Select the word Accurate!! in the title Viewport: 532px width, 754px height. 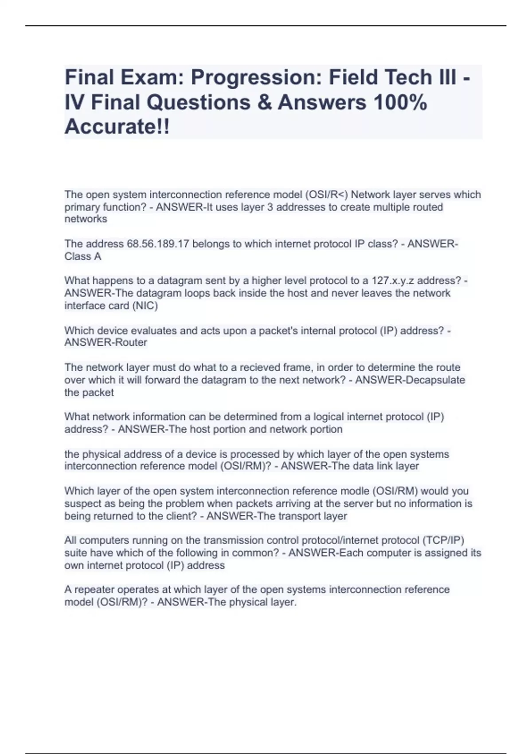117,127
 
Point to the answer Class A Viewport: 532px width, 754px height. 83,256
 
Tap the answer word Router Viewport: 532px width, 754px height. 130,342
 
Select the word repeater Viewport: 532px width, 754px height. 95,589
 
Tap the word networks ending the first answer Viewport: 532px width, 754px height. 86,219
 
